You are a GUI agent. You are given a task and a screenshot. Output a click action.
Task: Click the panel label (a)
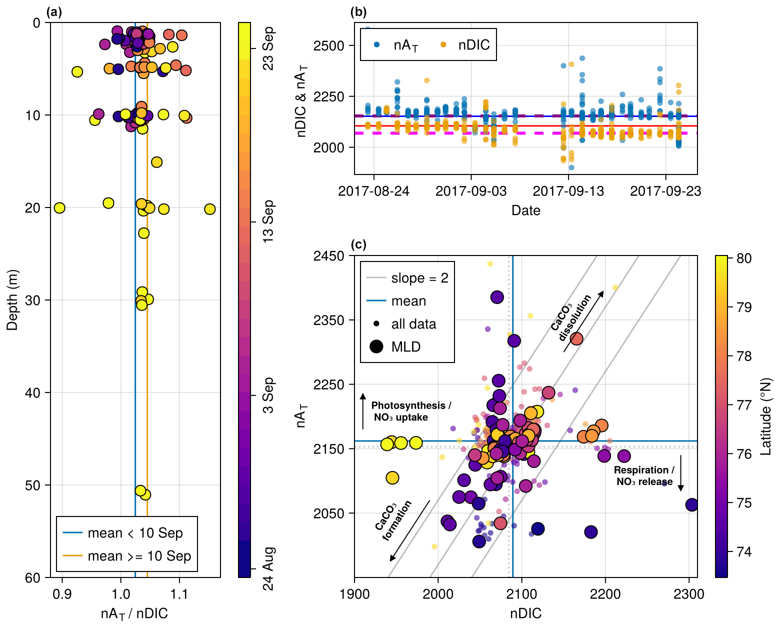point(54,12)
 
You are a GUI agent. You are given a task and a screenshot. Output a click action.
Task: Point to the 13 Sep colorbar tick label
point(268,221)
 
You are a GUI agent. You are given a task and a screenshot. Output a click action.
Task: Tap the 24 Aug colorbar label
point(268,568)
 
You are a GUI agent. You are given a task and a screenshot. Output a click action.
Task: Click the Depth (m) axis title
point(12,299)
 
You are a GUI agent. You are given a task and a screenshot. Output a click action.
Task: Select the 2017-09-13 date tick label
point(568,191)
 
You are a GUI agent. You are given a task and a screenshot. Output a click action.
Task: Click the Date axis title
point(525,210)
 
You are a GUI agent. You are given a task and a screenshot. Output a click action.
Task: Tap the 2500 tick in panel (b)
point(328,46)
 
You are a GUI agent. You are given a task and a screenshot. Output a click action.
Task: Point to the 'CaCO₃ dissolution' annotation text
point(571,317)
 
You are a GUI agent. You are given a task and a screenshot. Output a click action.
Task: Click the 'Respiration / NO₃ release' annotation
point(644,476)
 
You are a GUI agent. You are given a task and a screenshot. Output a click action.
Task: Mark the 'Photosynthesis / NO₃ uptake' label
point(410,411)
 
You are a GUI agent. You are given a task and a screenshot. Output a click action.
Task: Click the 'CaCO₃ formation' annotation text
point(393,520)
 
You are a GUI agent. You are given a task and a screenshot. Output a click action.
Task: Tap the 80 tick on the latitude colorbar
point(744,258)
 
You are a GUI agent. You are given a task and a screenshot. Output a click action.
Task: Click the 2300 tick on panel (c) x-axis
point(689,594)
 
